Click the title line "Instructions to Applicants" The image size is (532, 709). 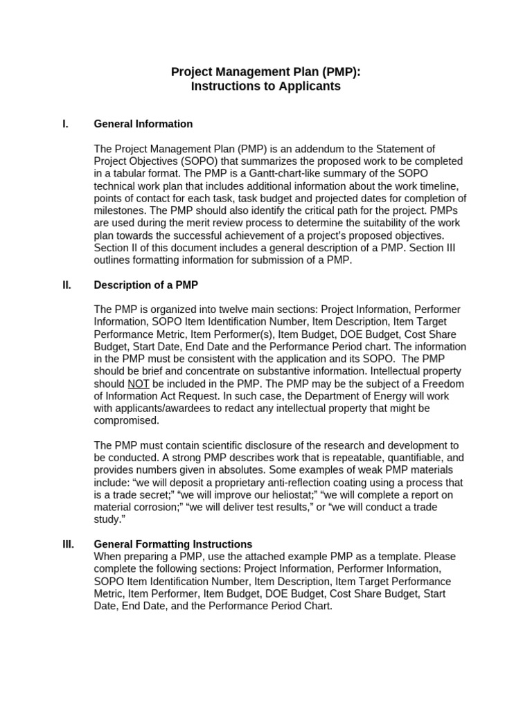pos(266,87)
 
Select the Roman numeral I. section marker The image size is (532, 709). pos(65,124)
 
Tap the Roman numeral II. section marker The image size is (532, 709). pos(66,285)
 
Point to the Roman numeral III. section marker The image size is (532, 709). pos(69,544)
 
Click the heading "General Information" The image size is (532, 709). pos(143,124)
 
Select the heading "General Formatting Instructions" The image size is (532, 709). pos(173,544)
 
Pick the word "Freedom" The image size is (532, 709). pos(445,384)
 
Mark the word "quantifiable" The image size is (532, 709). pos(409,458)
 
